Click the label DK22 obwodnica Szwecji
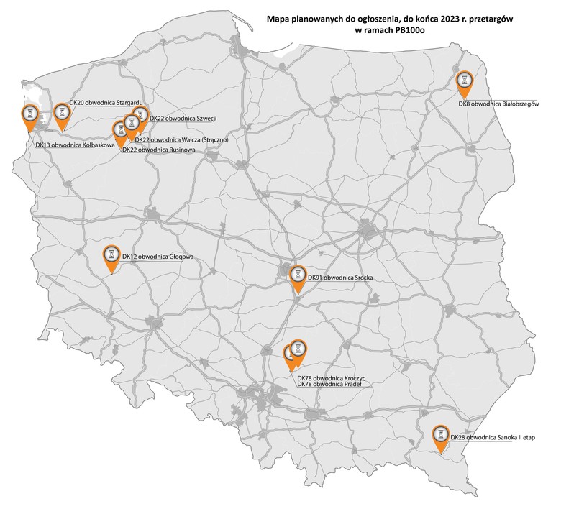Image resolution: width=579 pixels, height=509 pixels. (183, 119)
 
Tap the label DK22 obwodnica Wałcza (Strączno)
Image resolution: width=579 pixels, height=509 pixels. (181, 139)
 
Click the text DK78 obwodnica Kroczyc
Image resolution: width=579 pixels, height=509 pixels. (331, 377)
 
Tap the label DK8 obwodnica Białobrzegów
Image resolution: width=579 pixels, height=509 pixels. (498, 104)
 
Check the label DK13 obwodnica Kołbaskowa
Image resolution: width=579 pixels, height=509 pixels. (75, 144)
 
